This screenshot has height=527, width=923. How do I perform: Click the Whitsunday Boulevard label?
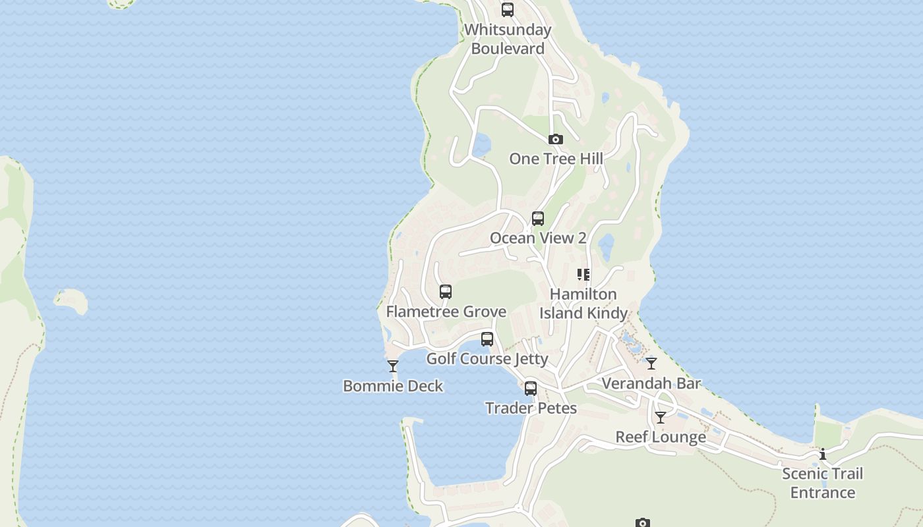(508, 39)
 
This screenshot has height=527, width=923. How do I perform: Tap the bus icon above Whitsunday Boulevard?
(507, 10)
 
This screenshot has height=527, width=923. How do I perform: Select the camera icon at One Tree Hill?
(556, 139)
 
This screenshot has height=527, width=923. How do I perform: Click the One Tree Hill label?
(556, 159)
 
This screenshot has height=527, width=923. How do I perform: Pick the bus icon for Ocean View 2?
(538, 219)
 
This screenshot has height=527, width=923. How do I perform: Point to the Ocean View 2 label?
(538, 238)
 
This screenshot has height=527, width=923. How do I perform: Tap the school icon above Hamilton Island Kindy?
(583, 275)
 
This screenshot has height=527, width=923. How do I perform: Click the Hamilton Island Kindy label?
(583, 304)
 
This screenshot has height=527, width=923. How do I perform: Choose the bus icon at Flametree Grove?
(446, 292)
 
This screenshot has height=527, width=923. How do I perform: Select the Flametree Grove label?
(446, 312)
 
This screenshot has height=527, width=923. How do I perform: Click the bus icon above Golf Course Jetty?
(487, 339)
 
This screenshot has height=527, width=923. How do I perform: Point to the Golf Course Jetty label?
(487, 359)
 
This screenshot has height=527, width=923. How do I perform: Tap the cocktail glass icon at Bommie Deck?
(393, 366)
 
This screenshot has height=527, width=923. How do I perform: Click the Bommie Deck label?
(393, 386)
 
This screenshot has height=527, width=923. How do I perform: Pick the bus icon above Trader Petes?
(531, 389)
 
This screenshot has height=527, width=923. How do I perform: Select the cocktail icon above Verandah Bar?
(651, 364)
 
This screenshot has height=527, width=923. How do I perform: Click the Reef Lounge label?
(661, 437)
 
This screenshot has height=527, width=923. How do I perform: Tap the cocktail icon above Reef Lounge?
(660, 418)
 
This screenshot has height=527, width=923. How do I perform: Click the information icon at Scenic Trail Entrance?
(823, 454)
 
